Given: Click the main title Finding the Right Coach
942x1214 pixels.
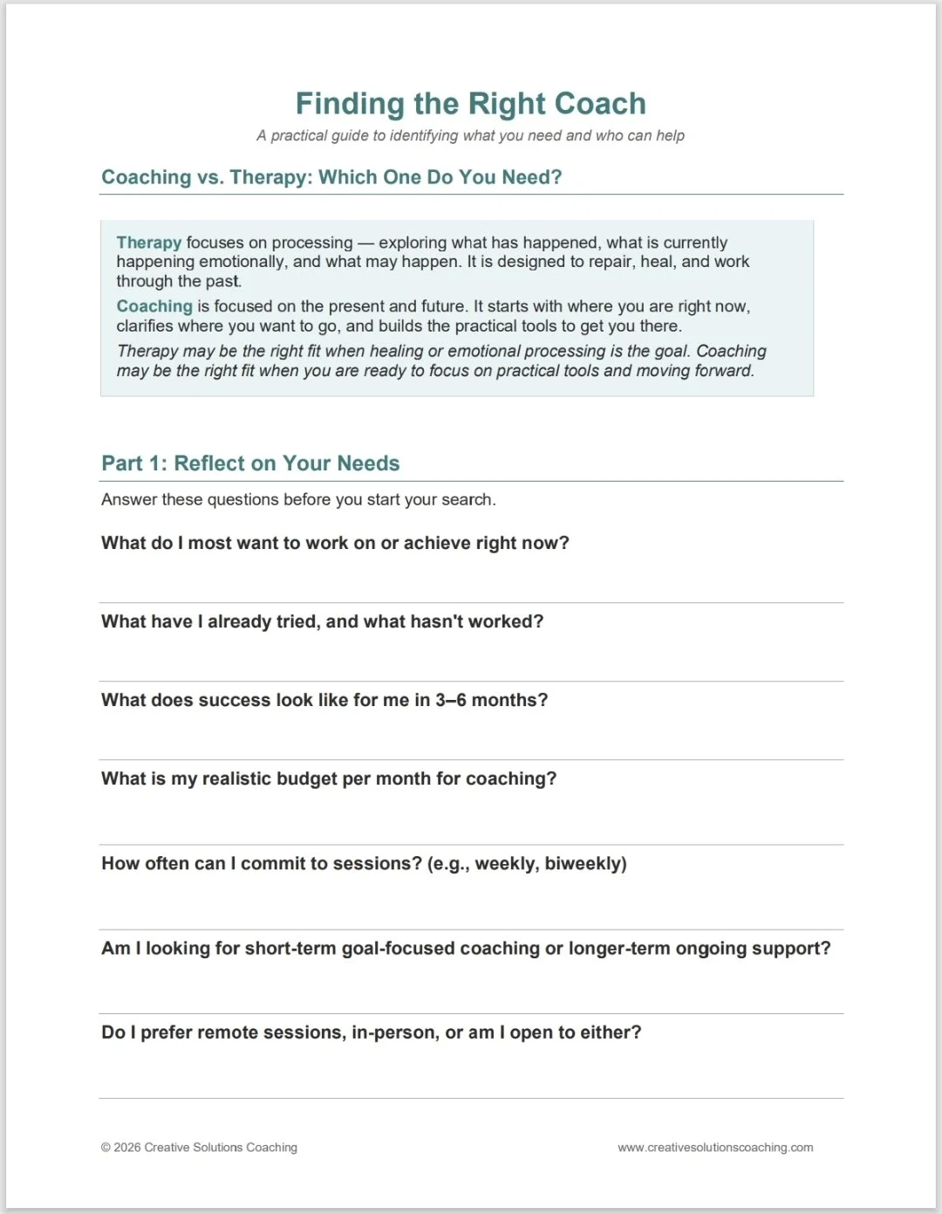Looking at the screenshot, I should (x=470, y=104).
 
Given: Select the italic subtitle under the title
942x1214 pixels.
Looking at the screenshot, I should (x=470, y=135).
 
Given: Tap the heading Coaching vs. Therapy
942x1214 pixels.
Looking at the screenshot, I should (x=331, y=177).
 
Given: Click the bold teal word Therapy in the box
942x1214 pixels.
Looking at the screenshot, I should (x=149, y=243).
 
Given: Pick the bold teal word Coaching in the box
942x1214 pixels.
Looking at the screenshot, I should (x=154, y=306).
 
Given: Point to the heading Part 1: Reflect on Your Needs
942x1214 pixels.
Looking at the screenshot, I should (x=250, y=463).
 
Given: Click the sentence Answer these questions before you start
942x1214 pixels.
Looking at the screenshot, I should (x=298, y=499).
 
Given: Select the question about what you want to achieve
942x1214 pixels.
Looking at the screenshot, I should (x=335, y=543).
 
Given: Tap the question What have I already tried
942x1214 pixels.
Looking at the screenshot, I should (x=322, y=621).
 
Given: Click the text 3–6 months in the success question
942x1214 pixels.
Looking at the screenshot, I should (x=491, y=700).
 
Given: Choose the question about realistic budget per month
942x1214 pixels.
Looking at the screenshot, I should (x=328, y=778).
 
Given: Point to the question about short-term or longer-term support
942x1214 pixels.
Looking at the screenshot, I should (x=466, y=948).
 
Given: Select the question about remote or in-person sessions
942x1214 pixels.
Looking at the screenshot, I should (x=371, y=1032).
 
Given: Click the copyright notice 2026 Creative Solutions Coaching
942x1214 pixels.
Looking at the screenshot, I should (x=200, y=1148).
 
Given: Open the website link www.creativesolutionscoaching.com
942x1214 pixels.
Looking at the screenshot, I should (x=715, y=1148).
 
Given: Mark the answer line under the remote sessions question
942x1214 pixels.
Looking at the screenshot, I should (x=471, y=1097).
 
